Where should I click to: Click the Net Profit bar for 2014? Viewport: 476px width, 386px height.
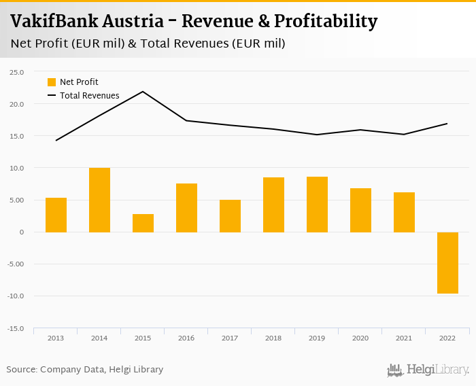point(99,200)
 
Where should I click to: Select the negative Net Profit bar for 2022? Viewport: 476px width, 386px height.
point(447,263)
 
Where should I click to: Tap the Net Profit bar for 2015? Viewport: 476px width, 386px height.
point(143,223)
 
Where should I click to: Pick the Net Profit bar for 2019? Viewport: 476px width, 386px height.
point(317,205)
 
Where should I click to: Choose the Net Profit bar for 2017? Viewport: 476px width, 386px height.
point(230,216)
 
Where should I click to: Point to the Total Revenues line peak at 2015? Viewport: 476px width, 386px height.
point(143,92)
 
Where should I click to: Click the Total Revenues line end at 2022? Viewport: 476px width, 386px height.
point(447,124)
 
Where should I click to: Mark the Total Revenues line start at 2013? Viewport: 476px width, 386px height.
point(56,140)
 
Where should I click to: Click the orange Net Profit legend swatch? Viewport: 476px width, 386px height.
point(52,82)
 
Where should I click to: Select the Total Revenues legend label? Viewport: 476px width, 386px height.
point(90,96)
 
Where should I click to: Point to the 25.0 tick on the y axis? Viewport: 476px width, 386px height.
point(16,72)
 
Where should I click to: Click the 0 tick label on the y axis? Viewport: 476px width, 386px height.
point(21,232)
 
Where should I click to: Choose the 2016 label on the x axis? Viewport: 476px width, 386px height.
point(186,338)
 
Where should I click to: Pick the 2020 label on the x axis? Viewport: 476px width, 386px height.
point(360,338)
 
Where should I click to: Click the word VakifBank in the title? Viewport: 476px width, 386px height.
point(54,22)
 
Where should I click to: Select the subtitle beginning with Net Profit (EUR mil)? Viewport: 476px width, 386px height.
point(148,43)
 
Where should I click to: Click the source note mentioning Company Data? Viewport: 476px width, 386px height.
point(85,370)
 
